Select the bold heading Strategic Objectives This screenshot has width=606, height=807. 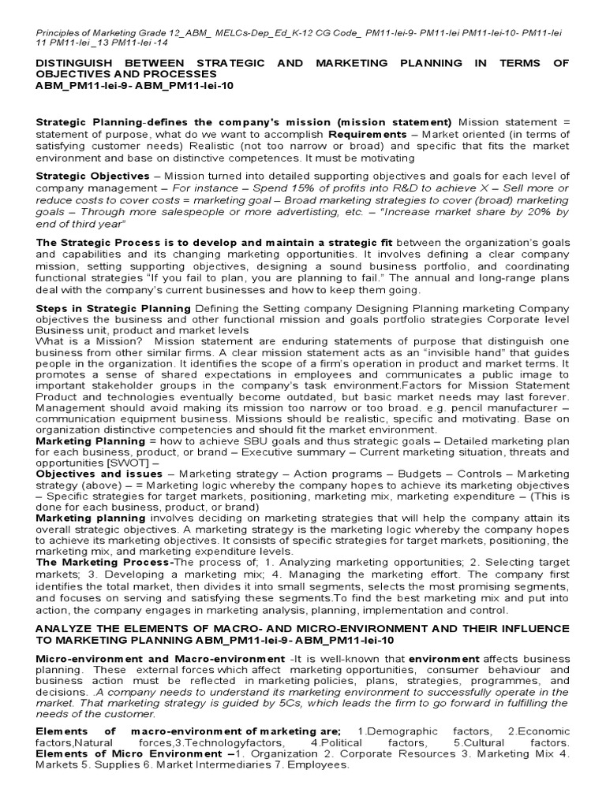click(x=92, y=176)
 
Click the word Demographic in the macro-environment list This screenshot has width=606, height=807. click(x=400, y=731)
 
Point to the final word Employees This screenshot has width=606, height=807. click(x=323, y=764)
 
